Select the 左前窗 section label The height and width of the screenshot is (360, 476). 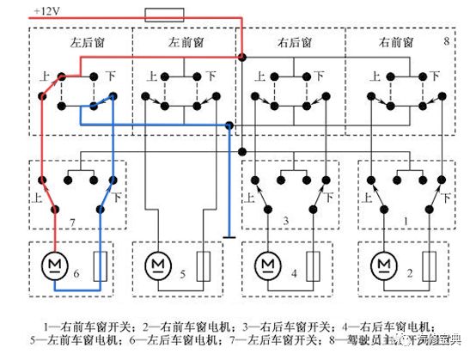click(x=185, y=41)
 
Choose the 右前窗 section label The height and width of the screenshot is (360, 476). click(x=395, y=41)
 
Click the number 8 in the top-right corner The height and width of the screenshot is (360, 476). click(x=447, y=41)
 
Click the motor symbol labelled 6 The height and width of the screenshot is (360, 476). click(x=54, y=262)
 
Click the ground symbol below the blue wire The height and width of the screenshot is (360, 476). click(x=229, y=233)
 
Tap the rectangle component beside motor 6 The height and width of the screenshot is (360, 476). click(x=99, y=265)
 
